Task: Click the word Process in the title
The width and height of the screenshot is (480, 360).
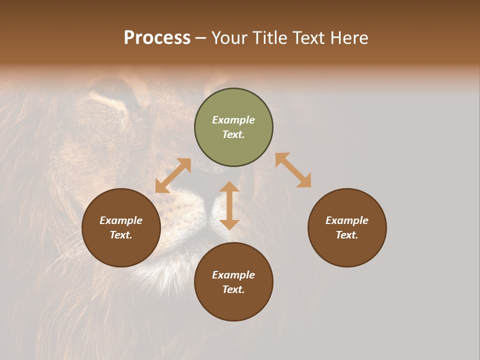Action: point(157,38)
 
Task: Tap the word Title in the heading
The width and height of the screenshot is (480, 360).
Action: point(272,38)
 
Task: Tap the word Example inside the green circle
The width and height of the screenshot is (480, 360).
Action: point(233,120)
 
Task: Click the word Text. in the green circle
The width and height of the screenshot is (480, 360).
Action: point(233,134)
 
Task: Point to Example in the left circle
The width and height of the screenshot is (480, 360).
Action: point(121,220)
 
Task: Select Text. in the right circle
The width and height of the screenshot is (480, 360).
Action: point(347,235)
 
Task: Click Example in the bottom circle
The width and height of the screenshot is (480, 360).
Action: point(233,275)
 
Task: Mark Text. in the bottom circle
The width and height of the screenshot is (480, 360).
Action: point(233,289)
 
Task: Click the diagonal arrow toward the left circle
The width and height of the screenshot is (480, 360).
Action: point(173,175)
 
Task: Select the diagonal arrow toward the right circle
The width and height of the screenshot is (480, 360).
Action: point(293,170)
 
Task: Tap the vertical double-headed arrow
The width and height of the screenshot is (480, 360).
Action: point(229,205)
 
